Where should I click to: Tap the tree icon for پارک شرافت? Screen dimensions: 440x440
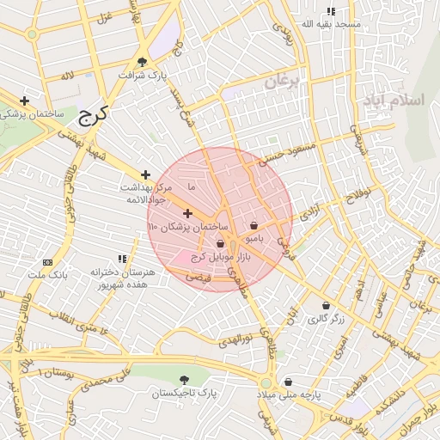[142, 61]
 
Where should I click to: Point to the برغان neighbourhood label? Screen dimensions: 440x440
[279, 82]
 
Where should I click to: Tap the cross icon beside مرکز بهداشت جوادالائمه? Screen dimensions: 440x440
[145, 174]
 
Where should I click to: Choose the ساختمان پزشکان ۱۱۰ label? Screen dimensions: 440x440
[187, 226]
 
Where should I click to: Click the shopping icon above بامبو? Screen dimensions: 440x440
[254, 225]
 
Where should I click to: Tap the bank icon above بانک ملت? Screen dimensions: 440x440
[46, 262]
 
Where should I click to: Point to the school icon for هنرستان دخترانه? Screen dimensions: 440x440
[122, 258]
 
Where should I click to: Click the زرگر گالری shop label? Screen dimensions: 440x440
[326, 318]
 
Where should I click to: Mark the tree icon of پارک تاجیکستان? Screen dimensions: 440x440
[184, 379]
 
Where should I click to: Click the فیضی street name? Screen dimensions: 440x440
[199, 278]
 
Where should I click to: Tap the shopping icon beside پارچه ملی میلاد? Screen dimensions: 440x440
[288, 382]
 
